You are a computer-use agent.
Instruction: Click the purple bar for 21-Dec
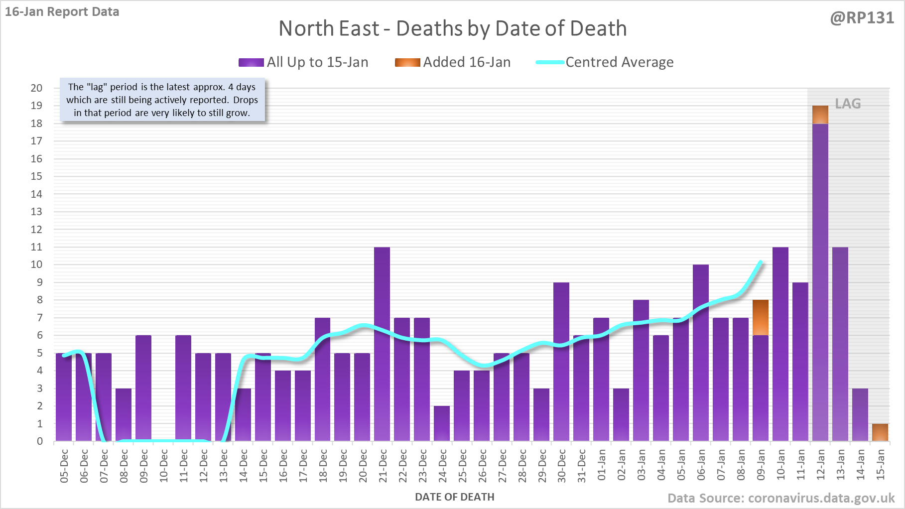382,344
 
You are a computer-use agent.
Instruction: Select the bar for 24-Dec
442,423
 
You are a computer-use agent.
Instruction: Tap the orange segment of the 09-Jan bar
761,317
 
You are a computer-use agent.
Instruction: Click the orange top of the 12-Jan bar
820,115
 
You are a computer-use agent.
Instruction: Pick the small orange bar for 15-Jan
880,432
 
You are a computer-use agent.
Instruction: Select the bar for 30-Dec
561,361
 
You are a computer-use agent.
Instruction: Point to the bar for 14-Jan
860,414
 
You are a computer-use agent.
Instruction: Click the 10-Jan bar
780,344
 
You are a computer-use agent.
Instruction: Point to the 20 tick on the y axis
37,88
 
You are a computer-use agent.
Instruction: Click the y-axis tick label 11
37,247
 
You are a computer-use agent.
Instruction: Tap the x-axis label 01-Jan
602,465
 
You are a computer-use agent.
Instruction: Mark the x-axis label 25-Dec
462,465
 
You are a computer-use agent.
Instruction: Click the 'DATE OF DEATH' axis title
455,497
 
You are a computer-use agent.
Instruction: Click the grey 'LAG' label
848,104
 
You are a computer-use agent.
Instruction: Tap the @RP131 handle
862,18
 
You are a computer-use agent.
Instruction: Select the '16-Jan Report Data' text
62,12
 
